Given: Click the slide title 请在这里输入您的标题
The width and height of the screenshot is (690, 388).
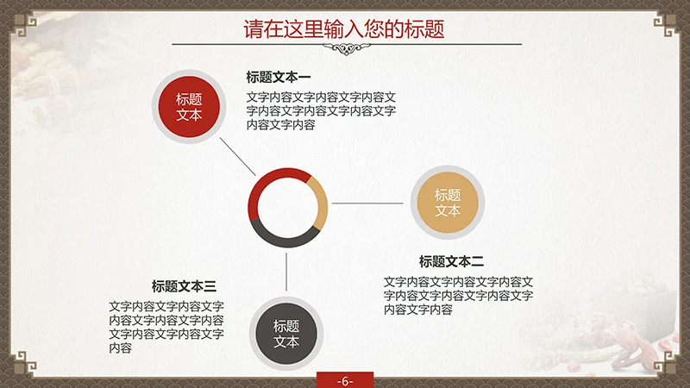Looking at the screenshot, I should (344, 28).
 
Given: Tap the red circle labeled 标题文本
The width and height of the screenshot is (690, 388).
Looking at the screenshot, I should (189, 107).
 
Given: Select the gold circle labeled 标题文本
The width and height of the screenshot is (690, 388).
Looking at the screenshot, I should (448, 203).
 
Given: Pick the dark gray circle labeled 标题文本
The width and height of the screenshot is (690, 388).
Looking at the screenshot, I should (286, 334).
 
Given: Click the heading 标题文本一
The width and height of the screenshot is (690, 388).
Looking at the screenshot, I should (279, 77).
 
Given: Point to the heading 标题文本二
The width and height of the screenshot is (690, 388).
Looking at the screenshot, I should (452, 261).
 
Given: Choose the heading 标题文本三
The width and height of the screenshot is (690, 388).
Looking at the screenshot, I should (184, 286).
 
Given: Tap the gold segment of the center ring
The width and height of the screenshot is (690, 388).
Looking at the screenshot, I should (320, 203).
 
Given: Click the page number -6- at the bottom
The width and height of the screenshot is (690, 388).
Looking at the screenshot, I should (345, 380).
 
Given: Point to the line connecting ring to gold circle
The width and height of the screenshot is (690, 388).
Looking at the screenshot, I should (369, 203).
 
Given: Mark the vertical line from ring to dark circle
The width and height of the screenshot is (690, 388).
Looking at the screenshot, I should (287, 272).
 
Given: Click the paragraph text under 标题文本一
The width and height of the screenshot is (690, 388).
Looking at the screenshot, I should (321, 110).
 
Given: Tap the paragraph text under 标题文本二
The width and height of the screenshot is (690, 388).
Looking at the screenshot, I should (458, 295).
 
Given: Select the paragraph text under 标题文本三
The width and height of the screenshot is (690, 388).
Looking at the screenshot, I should (166, 327).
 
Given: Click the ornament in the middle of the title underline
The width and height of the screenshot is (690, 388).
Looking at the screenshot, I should (345, 48).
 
